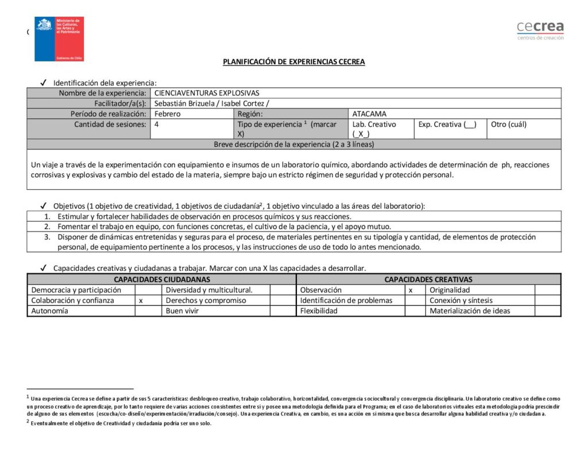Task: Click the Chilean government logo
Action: (x=59, y=39)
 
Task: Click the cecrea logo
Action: (x=540, y=29)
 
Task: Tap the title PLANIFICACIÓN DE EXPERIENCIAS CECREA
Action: (x=294, y=62)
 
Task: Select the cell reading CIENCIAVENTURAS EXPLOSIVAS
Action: (x=207, y=93)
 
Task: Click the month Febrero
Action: (x=167, y=114)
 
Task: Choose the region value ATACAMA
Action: (x=369, y=114)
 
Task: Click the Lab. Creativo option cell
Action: (x=374, y=129)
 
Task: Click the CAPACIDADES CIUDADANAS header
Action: (x=161, y=280)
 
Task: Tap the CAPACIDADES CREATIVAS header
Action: (x=428, y=280)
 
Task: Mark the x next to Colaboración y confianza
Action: (x=141, y=300)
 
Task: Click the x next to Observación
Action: (x=411, y=290)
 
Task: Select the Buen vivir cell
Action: (x=181, y=311)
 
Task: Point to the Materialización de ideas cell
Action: (x=470, y=311)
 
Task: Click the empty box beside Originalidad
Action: (x=547, y=290)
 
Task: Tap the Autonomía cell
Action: (x=50, y=311)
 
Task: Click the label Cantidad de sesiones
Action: (x=110, y=124)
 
